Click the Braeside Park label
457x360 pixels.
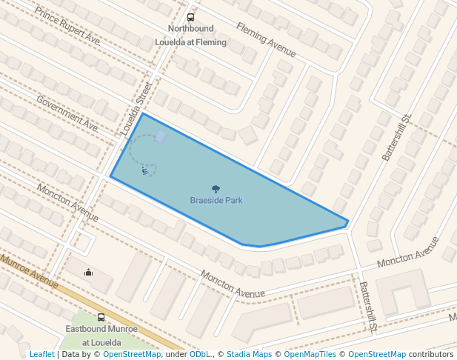click(216, 201)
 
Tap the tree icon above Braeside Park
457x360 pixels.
click(216, 189)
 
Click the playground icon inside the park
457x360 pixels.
click(145, 171)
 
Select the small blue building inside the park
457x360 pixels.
click(161, 136)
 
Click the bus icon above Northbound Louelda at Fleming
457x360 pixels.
click(190, 17)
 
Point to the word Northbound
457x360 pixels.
click(190, 29)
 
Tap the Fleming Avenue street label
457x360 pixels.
click(266, 40)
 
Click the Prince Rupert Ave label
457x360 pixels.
click(67, 27)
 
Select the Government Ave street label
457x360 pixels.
click(67, 114)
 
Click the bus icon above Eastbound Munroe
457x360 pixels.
click(101, 317)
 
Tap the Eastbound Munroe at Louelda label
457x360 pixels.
click(101, 336)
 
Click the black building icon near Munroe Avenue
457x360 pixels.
click(89, 272)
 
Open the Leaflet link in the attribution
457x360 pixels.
click(41, 354)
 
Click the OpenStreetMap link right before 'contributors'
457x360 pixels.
click(377, 354)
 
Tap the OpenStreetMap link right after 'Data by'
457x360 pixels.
click(132, 354)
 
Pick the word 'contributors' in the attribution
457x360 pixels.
click(431, 354)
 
